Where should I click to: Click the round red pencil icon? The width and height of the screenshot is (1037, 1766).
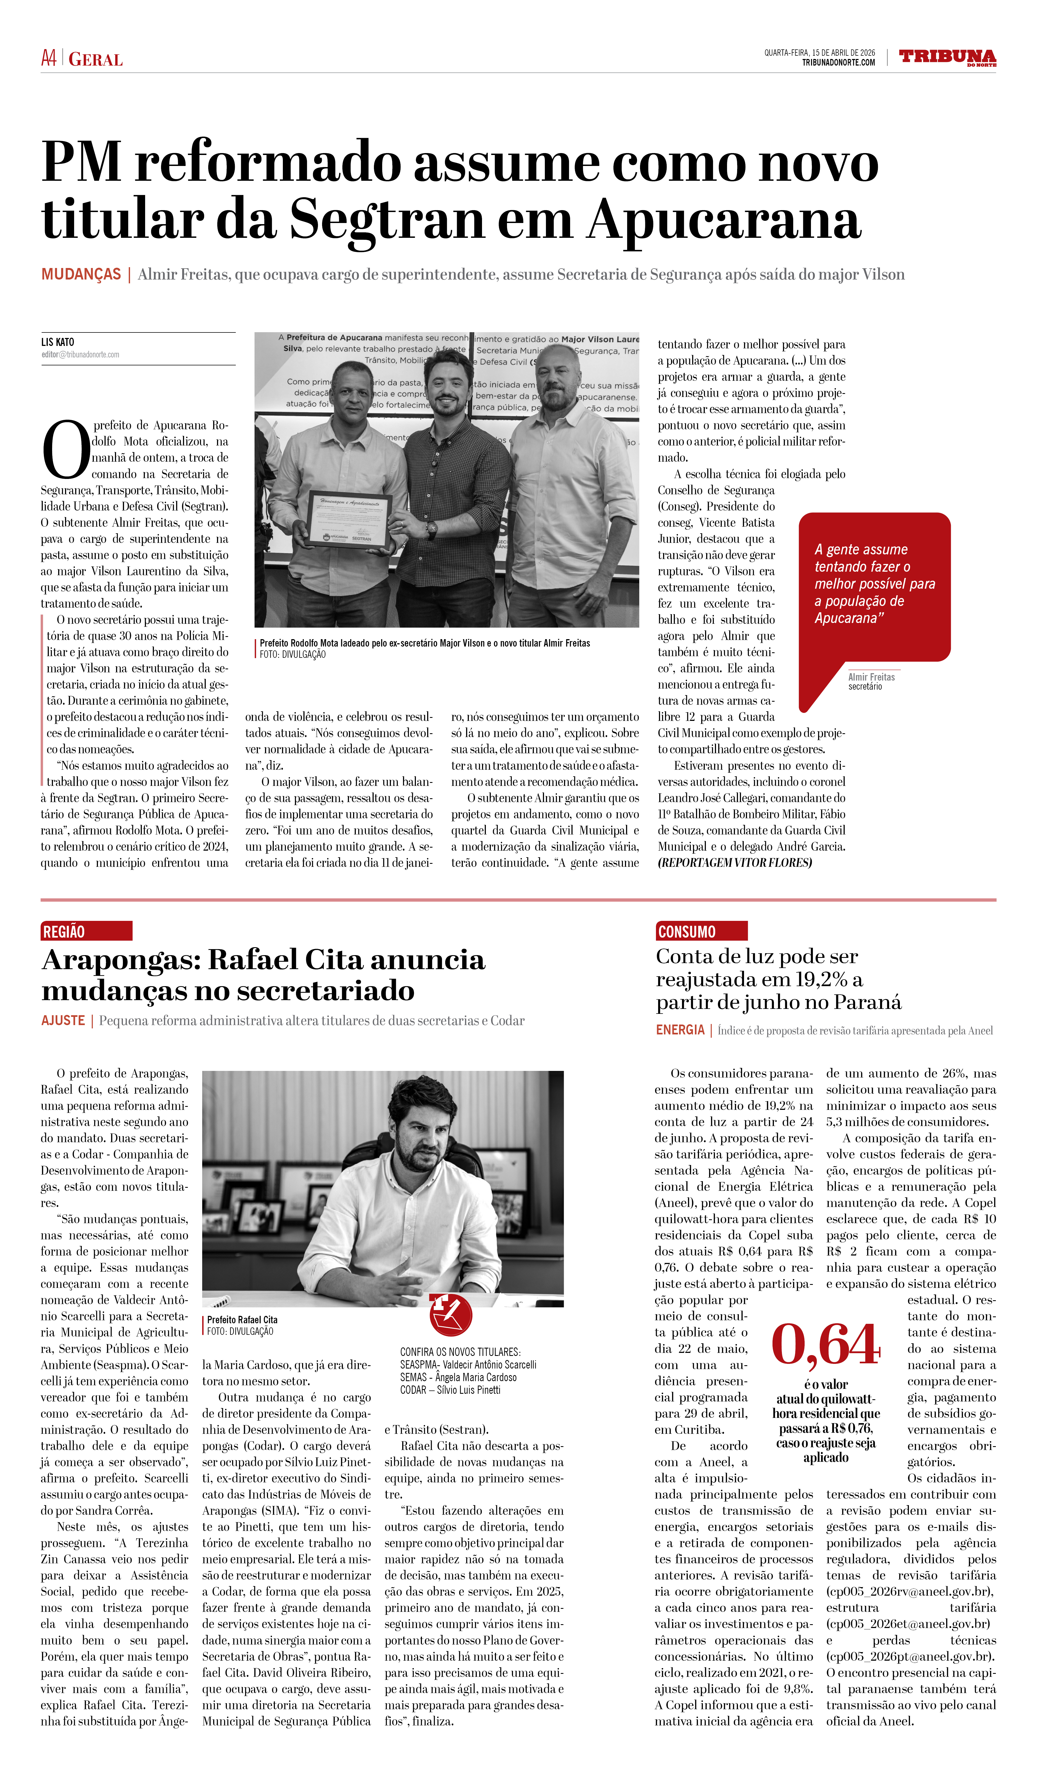point(450,1314)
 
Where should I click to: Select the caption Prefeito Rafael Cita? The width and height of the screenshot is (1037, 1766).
point(243,1320)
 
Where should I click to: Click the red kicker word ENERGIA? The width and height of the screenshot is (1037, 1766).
point(680,1029)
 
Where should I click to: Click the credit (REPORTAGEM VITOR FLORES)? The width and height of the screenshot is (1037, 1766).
point(734,863)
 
